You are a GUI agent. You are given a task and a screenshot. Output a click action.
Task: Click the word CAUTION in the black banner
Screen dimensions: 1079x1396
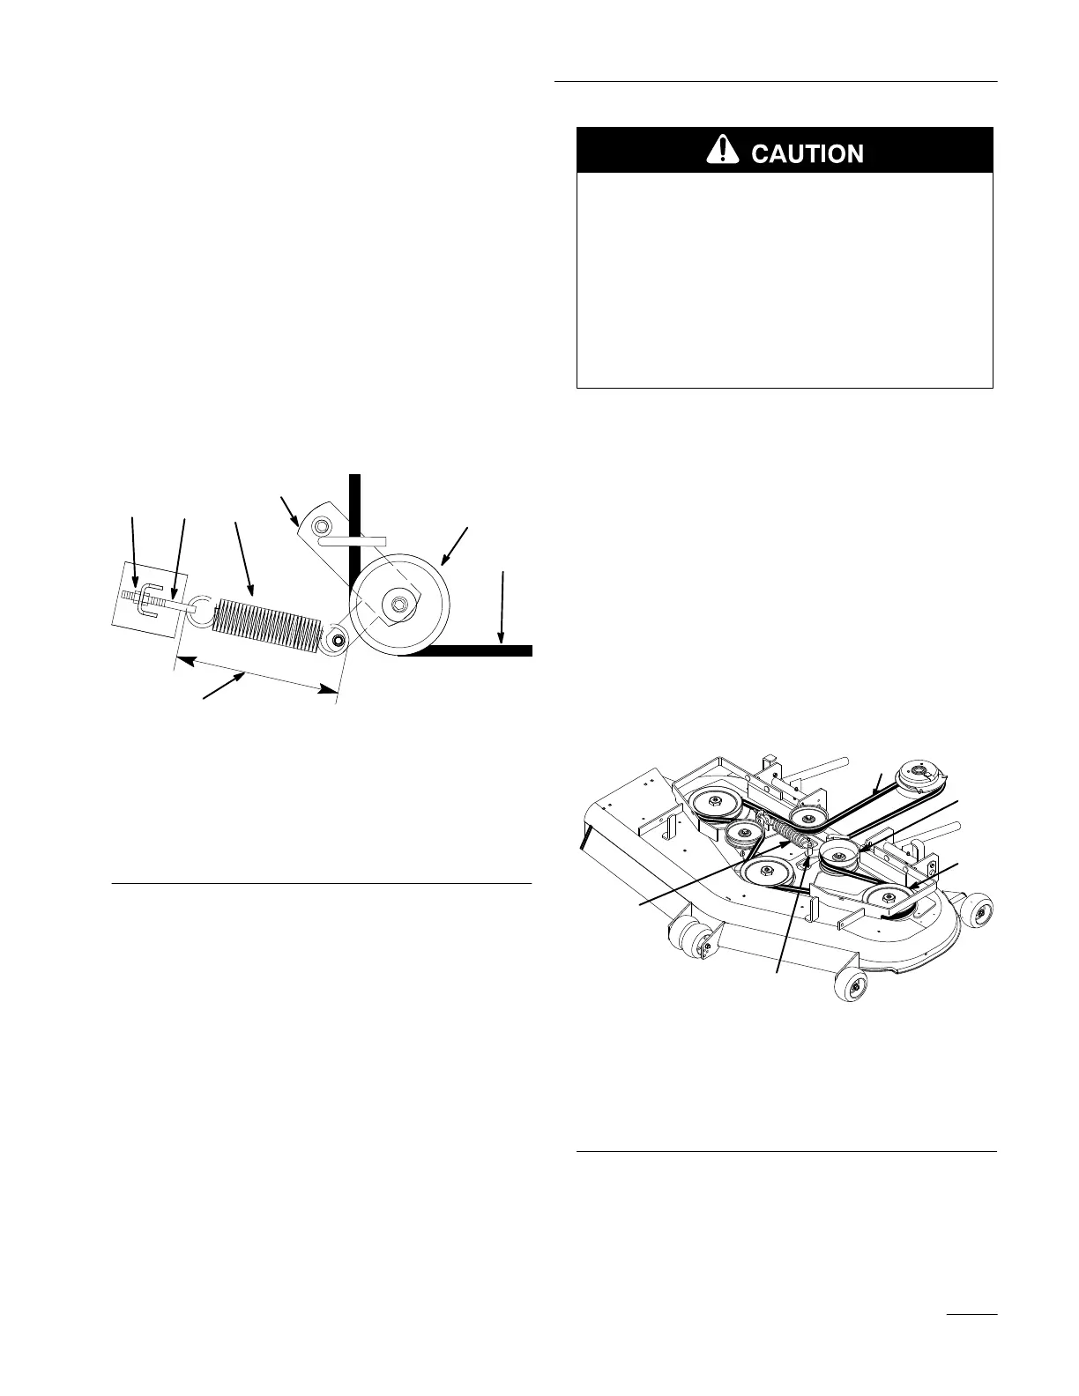(807, 153)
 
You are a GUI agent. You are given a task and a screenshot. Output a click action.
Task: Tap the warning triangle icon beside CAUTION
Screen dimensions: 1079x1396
(722, 152)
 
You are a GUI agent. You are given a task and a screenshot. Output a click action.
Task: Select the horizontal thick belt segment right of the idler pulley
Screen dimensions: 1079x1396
(476, 651)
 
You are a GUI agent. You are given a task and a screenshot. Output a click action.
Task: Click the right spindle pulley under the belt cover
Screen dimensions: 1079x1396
(886, 897)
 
